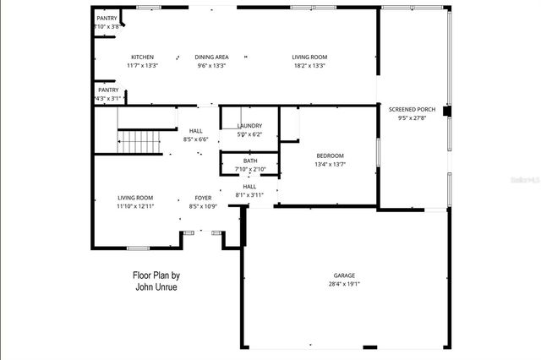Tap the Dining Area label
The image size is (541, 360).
pos(212,57)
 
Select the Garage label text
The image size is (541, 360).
pos(344,275)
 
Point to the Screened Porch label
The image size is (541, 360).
pos(412,109)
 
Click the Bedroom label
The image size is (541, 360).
pos(330,155)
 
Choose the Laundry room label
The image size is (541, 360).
pos(249,126)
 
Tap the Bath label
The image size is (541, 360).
pos(250,161)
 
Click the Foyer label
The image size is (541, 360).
pos(203,198)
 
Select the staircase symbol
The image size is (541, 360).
pos(139,141)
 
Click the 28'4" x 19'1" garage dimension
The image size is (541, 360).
pos(344,285)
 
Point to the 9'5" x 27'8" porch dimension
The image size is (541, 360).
pos(413,118)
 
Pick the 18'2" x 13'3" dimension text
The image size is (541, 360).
pos(309,65)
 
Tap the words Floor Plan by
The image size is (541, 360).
pos(156,275)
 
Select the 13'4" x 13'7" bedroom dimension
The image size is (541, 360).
pos(330,165)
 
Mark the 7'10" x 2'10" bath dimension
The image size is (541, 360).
pos(250,170)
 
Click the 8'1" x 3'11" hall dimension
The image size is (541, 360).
pos(249,195)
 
